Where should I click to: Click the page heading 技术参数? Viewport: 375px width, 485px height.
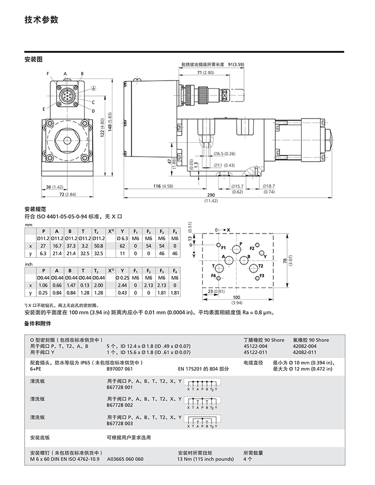click(x=41, y=20)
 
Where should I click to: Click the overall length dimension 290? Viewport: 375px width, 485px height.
click(x=211, y=196)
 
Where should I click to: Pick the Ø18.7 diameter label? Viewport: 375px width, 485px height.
click(x=269, y=186)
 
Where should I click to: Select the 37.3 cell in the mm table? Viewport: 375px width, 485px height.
click(x=70, y=246)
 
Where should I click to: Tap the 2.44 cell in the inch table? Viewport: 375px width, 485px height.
click(x=123, y=285)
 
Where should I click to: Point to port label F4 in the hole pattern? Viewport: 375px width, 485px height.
click(x=214, y=276)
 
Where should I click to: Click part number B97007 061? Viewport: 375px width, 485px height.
click(x=119, y=368)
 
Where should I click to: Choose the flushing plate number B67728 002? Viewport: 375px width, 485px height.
click(x=119, y=404)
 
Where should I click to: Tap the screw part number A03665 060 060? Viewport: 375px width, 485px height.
click(x=125, y=459)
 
